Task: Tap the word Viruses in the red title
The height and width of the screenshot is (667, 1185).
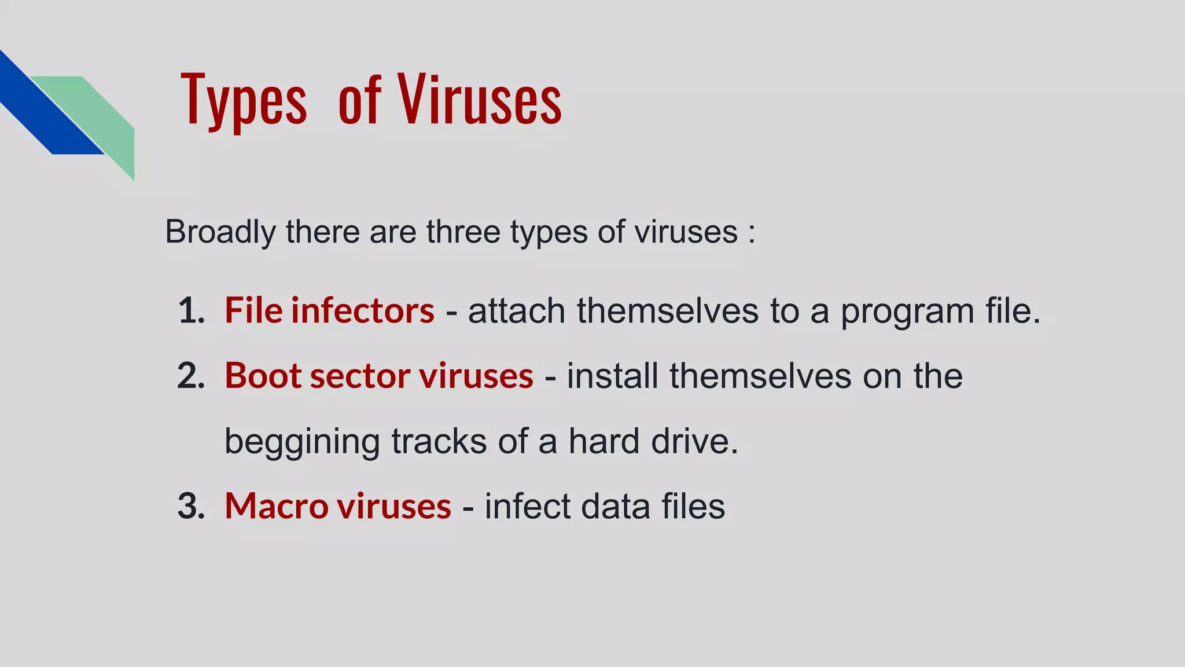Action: (x=479, y=100)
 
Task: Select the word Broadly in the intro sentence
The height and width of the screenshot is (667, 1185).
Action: (x=220, y=232)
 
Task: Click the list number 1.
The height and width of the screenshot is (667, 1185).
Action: (x=191, y=311)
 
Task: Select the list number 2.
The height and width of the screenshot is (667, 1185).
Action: (x=191, y=376)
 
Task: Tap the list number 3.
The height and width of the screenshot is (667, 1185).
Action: (x=191, y=506)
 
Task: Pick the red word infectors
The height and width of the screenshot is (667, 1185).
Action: (x=362, y=310)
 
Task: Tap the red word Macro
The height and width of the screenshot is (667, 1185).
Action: (x=277, y=506)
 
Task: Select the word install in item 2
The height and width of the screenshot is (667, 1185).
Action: (x=613, y=376)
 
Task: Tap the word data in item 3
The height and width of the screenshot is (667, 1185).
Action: (x=615, y=506)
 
